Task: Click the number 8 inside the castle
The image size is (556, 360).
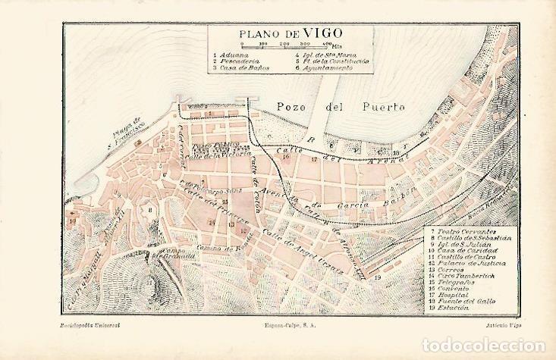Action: pyautogui.click(x=151, y=211)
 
